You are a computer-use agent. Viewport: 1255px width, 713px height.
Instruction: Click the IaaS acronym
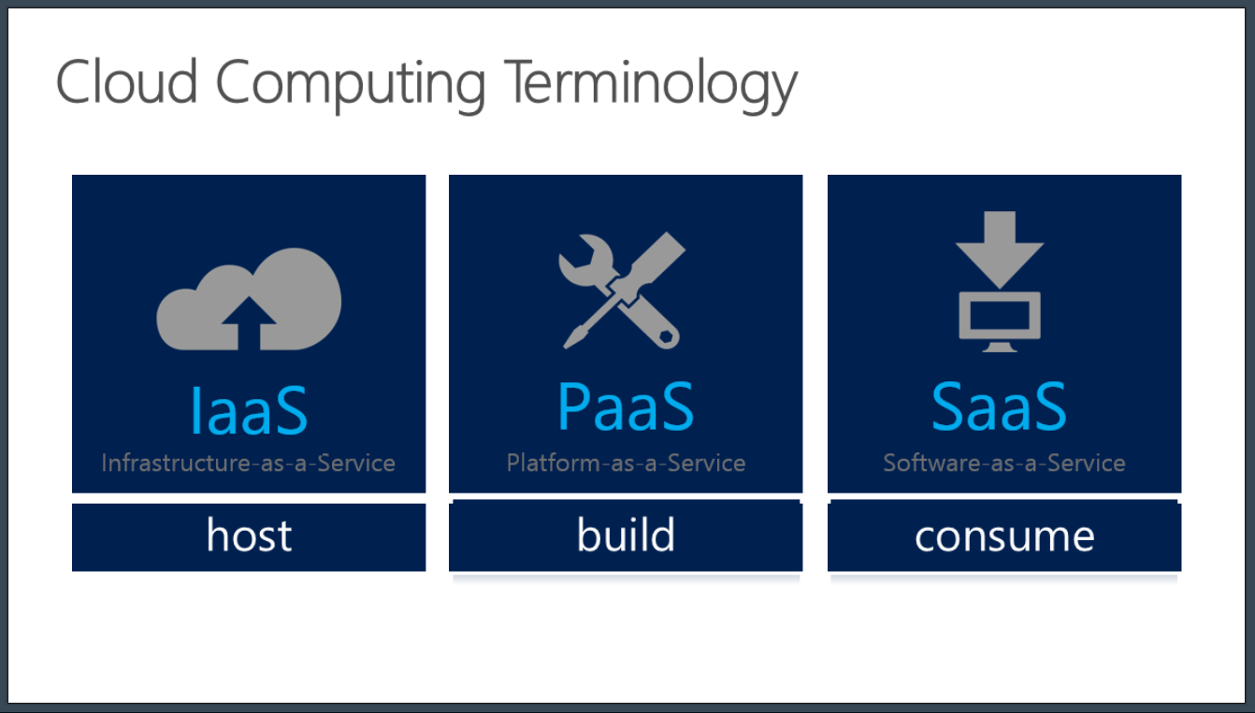point(249,410)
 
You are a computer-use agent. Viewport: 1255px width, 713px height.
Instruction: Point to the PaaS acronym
point(626,406)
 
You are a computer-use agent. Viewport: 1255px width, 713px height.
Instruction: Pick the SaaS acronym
point(999,406)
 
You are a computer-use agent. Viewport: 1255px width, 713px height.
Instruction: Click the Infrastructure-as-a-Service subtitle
point(248,463)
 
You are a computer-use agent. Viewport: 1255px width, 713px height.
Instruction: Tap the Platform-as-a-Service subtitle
point(626,463)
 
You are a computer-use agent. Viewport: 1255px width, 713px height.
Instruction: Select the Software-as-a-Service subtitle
point(1004,463)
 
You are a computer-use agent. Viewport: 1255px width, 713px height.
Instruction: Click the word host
point(250,535)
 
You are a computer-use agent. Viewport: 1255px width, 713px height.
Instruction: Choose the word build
point(626,534)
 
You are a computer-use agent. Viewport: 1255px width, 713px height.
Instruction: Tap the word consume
point(1004,537)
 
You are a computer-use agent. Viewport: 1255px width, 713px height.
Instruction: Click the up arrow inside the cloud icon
point(249,323)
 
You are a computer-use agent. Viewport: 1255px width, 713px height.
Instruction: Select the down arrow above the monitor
point(1000,250)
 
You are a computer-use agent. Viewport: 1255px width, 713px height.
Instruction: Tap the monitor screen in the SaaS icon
point(1000,315)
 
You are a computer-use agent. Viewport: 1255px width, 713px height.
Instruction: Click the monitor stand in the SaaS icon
point(1000,347)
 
